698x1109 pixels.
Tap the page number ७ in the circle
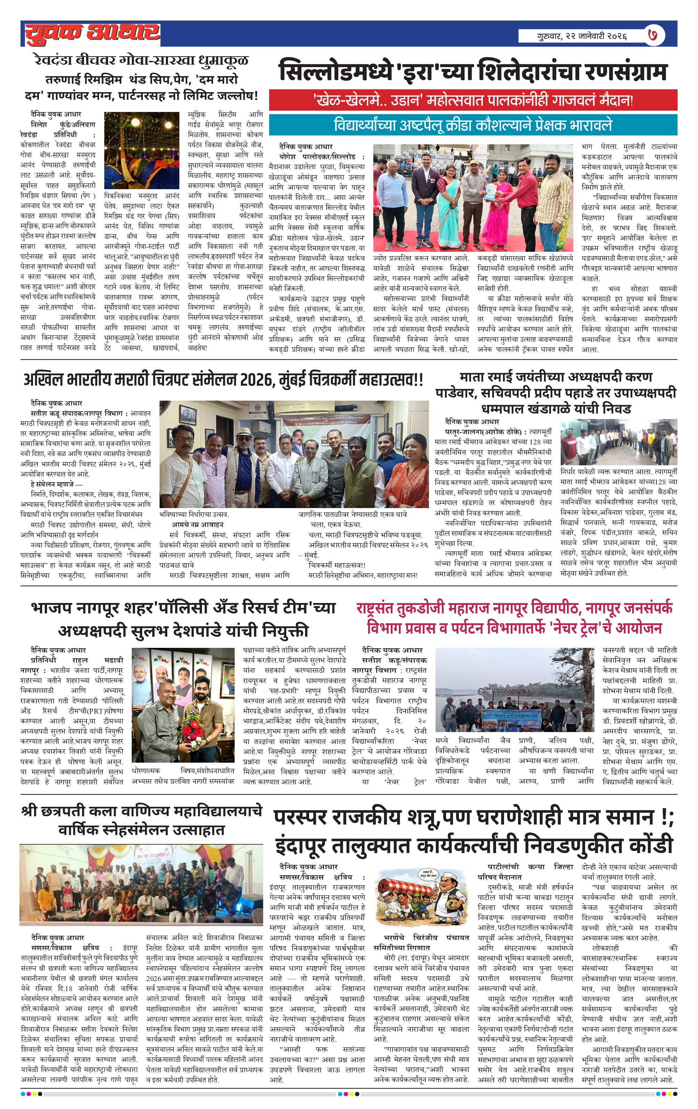point(652,35)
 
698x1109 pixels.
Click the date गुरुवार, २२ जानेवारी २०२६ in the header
point(582,36)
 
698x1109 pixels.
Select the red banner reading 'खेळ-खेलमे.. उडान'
point(473,100)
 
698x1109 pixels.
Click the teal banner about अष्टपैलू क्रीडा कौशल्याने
point(473,125)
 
